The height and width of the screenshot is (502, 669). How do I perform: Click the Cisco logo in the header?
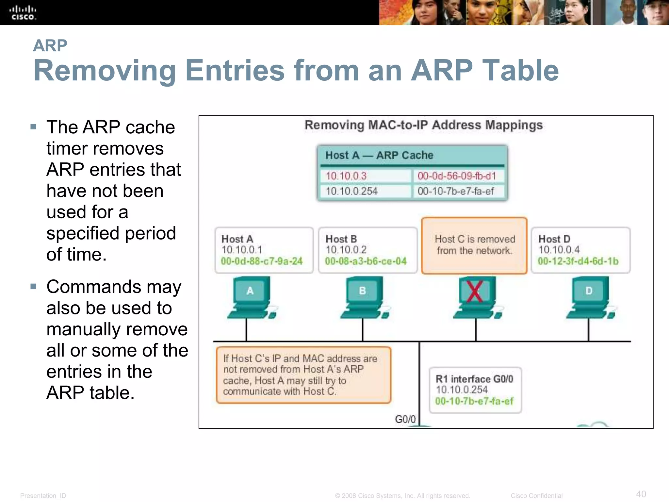pyautogui.click(x=23, y=13)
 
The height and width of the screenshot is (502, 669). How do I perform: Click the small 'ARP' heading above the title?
pyautogui.click(x=50, y=45)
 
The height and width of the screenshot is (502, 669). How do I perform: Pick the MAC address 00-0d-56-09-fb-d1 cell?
pyautogui.click(x=457, y=176)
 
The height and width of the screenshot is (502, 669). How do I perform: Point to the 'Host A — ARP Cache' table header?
pyautogui.click(x=379, y=155)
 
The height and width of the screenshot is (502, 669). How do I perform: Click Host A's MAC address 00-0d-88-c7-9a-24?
pyautogui.click(x=262, y=261)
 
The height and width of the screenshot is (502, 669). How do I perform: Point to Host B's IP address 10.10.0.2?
pyautogui.click(x=346, y=250)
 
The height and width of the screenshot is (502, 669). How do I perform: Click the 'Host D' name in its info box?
pyautogui.click(x=554, y=239)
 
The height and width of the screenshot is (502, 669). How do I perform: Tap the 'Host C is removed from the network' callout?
pyautogui.click(x=474, y=245)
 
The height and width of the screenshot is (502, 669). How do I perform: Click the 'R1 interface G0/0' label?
pyautogui.click(x=474, y=379)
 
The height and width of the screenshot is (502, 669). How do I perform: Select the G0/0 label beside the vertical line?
pyautogui.click(x=405, y=419)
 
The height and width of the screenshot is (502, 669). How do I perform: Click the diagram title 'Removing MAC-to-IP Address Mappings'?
pyautogui.click(x=423, y=125)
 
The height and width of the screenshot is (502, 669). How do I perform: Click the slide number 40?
pyautogui.click(x=641, y=494)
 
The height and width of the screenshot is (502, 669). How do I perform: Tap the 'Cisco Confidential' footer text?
pyautogui.click(x=536, y=496)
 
